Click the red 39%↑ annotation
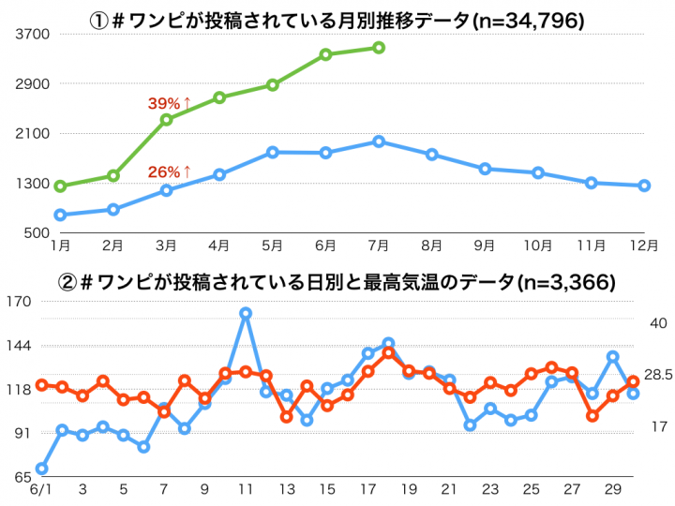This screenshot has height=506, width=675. coord(170,103)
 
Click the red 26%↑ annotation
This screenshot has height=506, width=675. coord(170,171)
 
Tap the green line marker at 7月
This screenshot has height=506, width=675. coord(378,47)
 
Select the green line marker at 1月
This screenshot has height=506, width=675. coord(60,186)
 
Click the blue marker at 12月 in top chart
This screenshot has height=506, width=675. coord(644,186)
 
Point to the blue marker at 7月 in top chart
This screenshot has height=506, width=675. coord(378,141)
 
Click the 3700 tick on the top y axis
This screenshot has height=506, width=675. coord(34,34)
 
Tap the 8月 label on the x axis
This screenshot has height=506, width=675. coord(431,246)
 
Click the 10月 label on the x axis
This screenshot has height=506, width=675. coord(538,246)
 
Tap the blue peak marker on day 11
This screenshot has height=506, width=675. coord(246,313)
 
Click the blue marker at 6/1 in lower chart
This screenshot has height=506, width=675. coord(42,469)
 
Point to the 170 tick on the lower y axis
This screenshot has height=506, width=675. coord(20,302)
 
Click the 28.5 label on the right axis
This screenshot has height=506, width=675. coord(657,375)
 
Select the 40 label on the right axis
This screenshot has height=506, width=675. coord(657,322)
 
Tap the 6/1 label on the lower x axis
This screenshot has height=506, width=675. coord(41,490)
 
